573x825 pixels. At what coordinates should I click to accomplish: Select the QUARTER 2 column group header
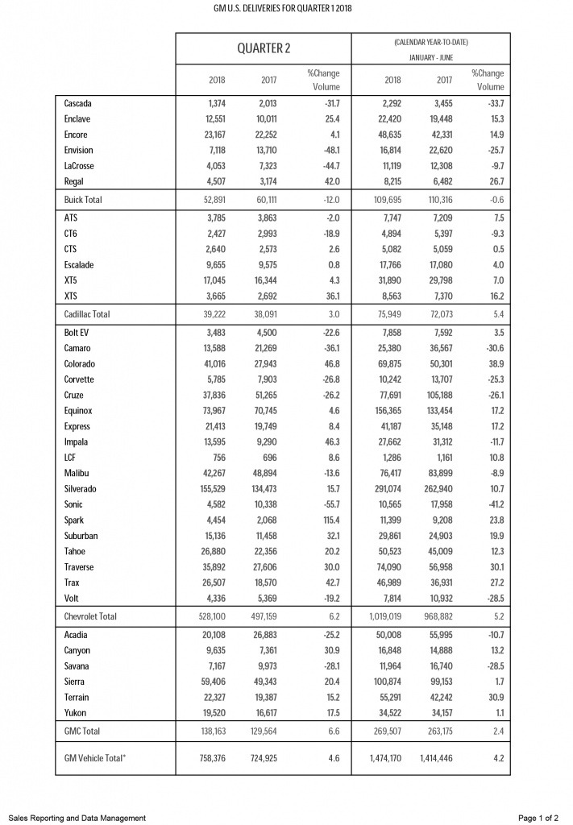click(x=264, y=48)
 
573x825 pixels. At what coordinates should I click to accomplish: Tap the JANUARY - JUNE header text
click(x=430, y=57)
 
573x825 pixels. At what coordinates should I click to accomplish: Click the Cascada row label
click(x=79, y=104)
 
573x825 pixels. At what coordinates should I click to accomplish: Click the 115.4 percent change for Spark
click(x=322, y=520)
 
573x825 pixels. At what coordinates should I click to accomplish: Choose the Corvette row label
click(x=80, y=379)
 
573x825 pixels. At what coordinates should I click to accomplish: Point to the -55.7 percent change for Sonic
click(x=324, y=505)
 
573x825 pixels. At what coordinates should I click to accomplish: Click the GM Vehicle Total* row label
click(x=99, y=758)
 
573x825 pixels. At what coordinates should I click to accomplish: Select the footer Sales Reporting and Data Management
click(x=78, y=818)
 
